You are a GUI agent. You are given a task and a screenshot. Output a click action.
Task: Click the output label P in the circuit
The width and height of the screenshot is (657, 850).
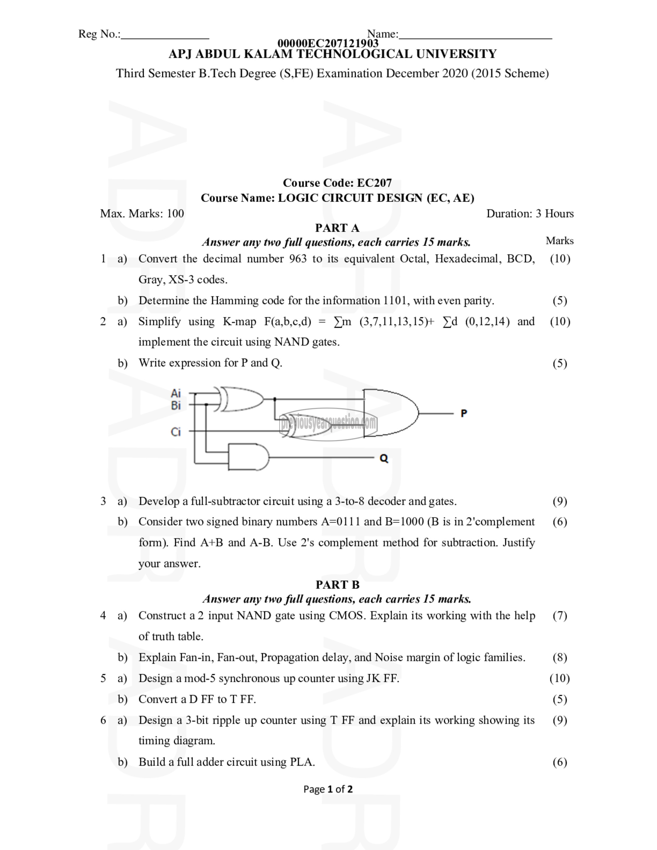click(463, 413)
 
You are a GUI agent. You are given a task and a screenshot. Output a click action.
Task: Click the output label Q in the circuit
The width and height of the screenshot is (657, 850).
click(384, 459)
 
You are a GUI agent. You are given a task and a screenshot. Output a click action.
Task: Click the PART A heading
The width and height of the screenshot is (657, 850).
click(337, 228)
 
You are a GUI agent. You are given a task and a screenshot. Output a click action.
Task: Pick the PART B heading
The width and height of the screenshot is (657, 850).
click(337, 585)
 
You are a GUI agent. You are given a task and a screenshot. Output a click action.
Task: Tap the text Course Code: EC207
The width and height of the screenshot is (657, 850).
click(337, 183)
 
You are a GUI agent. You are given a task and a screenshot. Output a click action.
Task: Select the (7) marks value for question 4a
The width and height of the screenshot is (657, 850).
click(560, 616)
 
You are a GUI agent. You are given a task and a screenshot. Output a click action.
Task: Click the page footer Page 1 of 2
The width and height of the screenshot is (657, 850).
click(328, 789)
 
